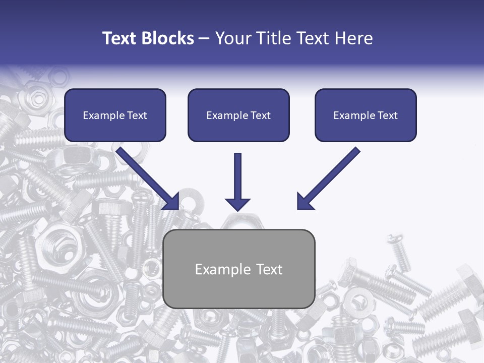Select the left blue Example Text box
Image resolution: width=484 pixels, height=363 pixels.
tap(115, 115)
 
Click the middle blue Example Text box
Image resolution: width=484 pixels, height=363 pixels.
tap(238, 115)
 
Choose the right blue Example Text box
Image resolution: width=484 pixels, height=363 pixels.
tap(366, 115)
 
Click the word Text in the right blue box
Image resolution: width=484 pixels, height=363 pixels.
tap(387, 115)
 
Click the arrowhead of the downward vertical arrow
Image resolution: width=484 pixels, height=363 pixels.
tap(237, 204)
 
